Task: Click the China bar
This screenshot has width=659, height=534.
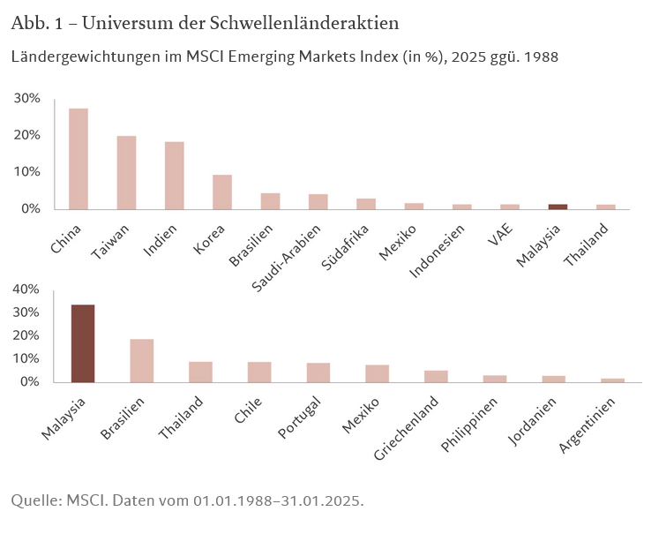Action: [x=79, y=159]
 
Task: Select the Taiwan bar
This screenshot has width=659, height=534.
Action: [x=126, y=172]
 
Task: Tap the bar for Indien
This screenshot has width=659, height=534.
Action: [x=174, y=175]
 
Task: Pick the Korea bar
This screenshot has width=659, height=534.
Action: [x=222, y=192]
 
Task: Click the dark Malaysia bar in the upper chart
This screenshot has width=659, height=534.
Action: [x=558, y=207]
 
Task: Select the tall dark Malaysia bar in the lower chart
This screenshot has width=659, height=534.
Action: [x=83, y=343]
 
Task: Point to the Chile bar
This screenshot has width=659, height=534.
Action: [x=259, y=372]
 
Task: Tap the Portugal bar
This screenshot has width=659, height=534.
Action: [x=318, y=372]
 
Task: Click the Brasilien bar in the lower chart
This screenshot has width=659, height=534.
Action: [x=142, y=360]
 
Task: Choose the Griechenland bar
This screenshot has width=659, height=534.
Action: [x=436, y=376]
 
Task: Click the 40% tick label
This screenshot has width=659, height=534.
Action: [x=26, y=290]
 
